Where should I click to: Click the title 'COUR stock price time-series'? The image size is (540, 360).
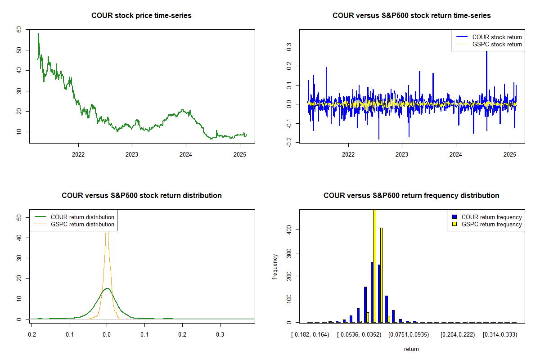point(141,16)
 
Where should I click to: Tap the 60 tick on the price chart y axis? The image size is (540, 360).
point(18,30)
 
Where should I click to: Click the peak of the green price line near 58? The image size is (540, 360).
point(39,34)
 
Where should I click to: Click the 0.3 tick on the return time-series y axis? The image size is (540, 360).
point(288,46)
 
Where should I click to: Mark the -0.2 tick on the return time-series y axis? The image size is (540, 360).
point(288,143)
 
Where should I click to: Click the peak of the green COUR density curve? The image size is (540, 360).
point(107,288)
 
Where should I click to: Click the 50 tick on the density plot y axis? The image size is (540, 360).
point(18,217)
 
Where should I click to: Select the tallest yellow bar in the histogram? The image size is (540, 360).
point(374,265)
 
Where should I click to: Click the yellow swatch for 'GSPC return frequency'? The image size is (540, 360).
point(454,224)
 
